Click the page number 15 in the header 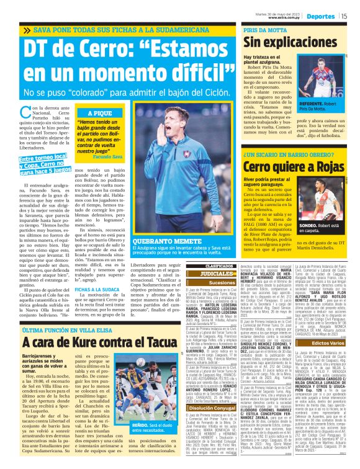344,16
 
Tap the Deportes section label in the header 322,16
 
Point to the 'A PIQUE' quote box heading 99,114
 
